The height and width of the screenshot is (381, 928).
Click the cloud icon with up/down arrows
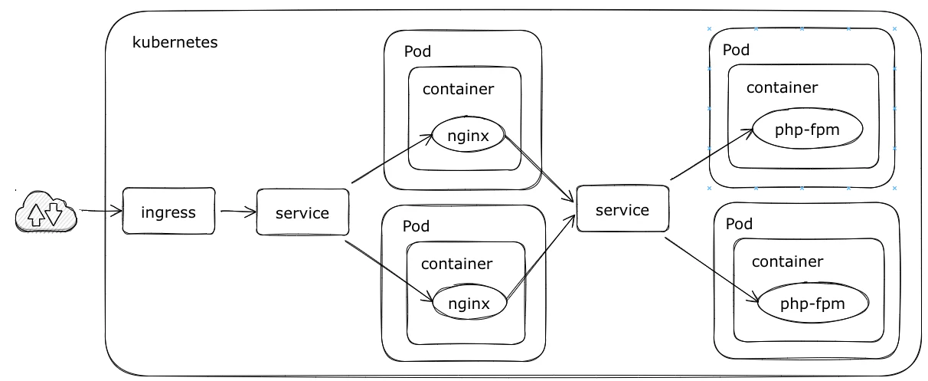(46, 212)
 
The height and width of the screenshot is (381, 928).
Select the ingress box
(168, 211)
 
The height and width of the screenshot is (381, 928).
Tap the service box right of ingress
(302, 212)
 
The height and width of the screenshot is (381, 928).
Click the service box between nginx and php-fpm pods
(622, 209)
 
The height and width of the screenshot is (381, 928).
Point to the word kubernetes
(175, 42)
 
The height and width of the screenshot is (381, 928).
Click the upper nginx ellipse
(468, 134)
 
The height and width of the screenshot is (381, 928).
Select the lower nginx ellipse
(469, 302)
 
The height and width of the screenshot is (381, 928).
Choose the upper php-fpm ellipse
(808, 129)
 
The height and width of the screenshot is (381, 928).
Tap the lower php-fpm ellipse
(813, 303)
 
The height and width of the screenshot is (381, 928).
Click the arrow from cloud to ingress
(101, 211)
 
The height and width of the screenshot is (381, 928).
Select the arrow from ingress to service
(238, 212)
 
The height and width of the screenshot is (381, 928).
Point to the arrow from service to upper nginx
(392, 159)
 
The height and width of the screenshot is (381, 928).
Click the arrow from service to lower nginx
(390, 271)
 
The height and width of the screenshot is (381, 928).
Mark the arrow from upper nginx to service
(539, 169)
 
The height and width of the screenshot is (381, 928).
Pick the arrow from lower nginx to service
(541, 256)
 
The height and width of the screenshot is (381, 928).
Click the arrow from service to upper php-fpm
(712, 154)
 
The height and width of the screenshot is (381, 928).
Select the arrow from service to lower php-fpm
(712, 270)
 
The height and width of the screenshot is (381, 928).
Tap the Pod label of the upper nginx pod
(417, 51)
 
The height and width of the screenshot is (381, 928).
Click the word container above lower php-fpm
(788, 261)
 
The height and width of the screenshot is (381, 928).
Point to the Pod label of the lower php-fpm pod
(739, 224)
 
